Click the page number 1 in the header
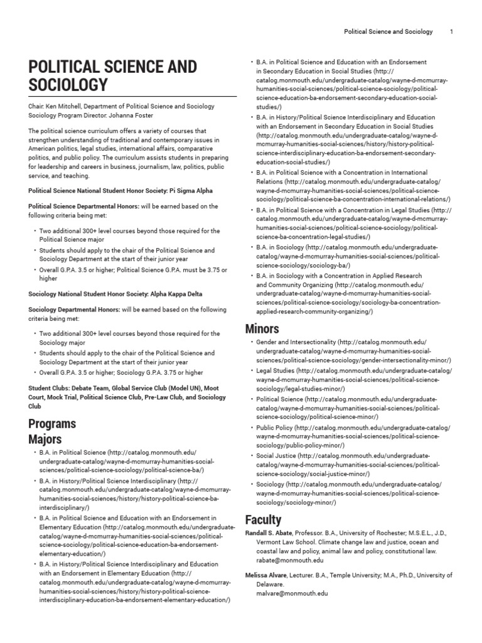click(x=452, y=31)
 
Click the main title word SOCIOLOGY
click(x=68, y=85)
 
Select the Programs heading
click(x=52, y=423)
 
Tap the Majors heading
click(x=45, y=439)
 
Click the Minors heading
click(x=262, y=328)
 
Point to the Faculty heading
click(x=263, y=520)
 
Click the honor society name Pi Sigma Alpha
click(x=188, y=191)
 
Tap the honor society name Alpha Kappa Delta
click(x=175, y=294)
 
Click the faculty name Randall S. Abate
click(x=268, y=532)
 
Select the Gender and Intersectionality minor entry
click(x=296, y=342)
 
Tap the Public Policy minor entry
click(x=274, y=428)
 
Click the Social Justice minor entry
click(x=276, y=456)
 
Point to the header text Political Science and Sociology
click(x=388, y=31)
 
